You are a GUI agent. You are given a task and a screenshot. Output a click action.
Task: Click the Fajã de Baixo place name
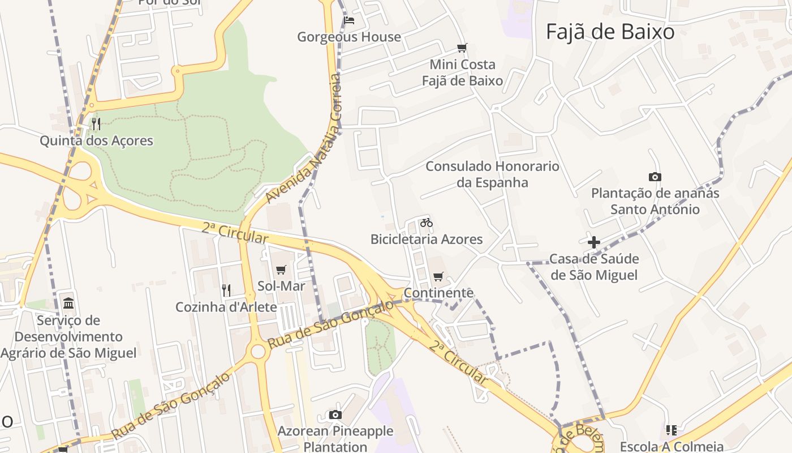click(x=610, y=32)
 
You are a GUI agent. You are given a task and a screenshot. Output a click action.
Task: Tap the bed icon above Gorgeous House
click(x=349, y=21)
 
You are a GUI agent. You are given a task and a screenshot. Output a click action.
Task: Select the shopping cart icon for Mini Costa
click(x=462, y=48)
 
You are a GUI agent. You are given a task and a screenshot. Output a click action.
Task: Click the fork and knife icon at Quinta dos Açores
click(x=96, y=123)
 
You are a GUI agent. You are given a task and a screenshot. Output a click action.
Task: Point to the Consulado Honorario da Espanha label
click(x=492, y=174)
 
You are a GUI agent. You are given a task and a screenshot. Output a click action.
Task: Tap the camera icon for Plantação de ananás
click(x=655, y=177)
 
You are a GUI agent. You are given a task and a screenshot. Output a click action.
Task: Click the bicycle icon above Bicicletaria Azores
click(x=427, y=223)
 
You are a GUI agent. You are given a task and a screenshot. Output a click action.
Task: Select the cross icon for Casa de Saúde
click(x=593, y=243)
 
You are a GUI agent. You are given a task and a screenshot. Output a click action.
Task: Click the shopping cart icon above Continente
click(x=438, y=277)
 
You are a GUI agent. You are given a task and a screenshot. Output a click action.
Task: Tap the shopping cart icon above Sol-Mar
click(x=281, y=270)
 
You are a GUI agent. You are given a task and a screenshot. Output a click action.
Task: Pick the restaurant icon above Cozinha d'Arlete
click(x=226, y=290)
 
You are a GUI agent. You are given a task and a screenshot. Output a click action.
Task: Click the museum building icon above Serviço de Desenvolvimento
click(x=68, y=304)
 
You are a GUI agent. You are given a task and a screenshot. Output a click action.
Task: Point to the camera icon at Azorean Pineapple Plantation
click(x=335, y=415)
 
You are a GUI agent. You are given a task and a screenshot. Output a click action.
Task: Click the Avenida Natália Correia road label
click(x=304, y=139)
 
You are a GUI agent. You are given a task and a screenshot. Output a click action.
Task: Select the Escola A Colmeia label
click(x=672, y=446)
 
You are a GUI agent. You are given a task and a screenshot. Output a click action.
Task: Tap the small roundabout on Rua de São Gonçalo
click(x=258, y=351)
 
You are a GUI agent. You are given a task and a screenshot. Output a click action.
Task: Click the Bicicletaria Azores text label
click(x=427, y=239)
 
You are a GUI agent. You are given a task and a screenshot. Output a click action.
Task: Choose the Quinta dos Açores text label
click(x=96, y=140)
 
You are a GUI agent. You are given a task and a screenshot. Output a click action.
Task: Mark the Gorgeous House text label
click(x=349, y=37)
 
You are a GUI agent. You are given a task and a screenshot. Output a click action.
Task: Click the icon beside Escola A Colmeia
click(x=672, y=430)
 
